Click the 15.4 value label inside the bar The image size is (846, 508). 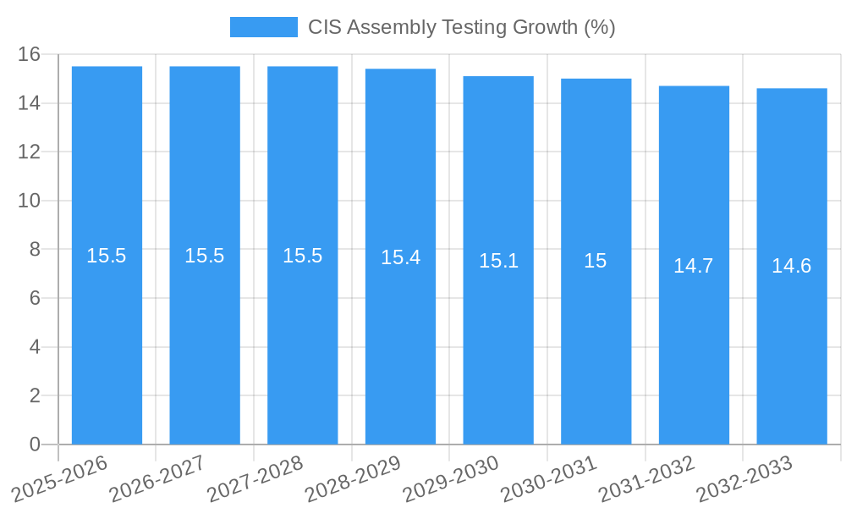click(x=400, y=257)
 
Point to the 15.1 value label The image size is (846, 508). click(x=498, y=261)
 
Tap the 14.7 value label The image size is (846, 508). click(x=694, y=266)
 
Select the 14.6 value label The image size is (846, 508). click(x=792, y=266)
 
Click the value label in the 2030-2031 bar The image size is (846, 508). click(x=596, y=261)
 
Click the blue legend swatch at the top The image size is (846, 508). click(x=263, y=27)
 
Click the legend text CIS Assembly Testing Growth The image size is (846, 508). click(x=461, y=27)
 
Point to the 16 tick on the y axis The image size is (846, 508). click(x=30, y=54)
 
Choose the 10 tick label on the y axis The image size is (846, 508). click(x=30, y=201)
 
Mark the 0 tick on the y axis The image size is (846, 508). click(x=35, y=444)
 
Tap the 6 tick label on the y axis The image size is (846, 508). click(x=35, y=298)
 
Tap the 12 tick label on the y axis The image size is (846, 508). click(x=30, y=152)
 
